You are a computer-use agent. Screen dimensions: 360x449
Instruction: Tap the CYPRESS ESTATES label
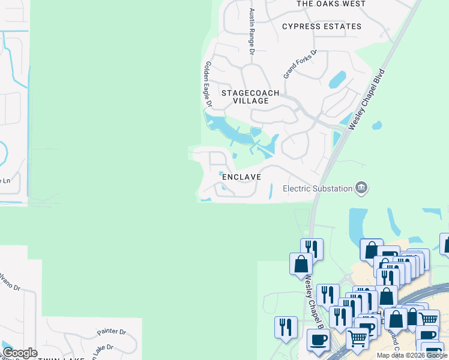(x=322, y=26)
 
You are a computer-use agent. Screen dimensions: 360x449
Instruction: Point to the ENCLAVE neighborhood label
(x=241, y=177)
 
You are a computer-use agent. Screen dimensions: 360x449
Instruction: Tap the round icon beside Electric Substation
(x=361, y=188)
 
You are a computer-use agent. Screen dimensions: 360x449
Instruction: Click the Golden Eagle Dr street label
(x=208, y=84)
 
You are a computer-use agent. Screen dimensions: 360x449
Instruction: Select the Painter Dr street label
(x=112, y=332)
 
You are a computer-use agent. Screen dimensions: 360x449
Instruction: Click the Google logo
(x=20, y=353)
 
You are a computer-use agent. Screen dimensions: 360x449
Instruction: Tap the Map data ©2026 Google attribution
(x=412, y=355)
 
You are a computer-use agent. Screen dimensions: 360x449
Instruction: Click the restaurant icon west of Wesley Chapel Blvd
(x=286, y=328)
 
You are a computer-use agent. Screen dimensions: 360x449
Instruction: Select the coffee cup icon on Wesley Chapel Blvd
(x=318, y=340)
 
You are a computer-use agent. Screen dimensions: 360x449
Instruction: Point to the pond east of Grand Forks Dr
(x=337, y=79)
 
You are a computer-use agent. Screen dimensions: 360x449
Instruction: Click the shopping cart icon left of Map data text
(x=358, y=339)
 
